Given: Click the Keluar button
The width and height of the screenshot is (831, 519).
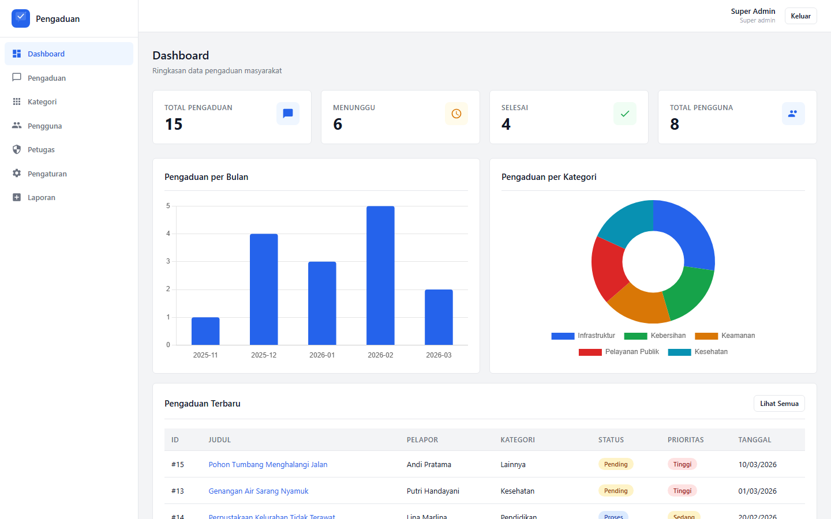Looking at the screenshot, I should [x=800, y=16].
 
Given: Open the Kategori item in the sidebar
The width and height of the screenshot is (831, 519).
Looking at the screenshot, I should [x=42, y=102].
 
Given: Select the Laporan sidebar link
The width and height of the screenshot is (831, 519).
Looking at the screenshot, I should [x=42, y=198].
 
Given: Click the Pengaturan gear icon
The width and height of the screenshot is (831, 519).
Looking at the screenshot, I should [x=17, y=174].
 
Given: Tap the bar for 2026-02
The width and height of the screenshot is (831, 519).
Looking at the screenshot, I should [x=380, y=276].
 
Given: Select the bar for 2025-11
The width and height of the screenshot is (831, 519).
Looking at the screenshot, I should [x=205, y=331].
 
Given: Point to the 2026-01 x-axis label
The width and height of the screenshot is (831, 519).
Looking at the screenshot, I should [x=322, y=355].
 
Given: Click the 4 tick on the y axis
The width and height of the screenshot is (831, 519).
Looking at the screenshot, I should [x=168, y=234].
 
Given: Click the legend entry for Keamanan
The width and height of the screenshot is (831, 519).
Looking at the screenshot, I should [x=725, y=336].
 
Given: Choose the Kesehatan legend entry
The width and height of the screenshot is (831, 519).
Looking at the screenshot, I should [x=698, y=352].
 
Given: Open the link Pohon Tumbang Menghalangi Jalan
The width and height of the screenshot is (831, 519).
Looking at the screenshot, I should [x=268, y=465].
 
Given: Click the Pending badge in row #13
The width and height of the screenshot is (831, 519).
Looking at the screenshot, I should [x=616, y=491].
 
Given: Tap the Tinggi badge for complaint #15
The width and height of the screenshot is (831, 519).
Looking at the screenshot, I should [x=682, y=464].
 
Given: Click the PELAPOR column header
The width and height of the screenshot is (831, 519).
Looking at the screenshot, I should [x=422, y=440].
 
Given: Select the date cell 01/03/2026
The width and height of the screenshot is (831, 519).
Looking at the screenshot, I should [x=757, y=491].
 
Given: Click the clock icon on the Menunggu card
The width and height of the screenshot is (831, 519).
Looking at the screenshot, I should [x=456, y=114].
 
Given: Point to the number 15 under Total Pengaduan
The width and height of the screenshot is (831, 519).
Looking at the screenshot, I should [x=174, y=125].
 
